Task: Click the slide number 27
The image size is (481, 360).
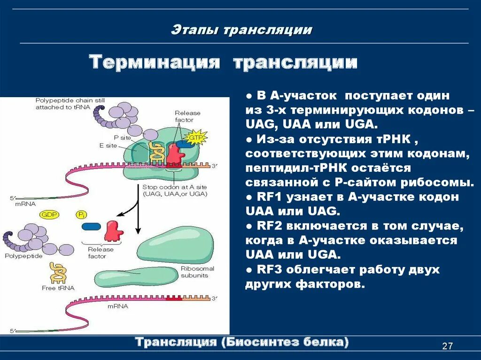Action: [x=447, y=346]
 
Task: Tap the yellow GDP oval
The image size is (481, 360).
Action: [x=48, y=214]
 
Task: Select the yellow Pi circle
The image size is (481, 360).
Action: [x=81, y=214]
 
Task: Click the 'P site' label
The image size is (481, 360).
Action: [x=122, y=137]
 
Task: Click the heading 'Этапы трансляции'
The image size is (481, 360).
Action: [x=241, y=30]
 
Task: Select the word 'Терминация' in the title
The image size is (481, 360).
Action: [x=155, y=62]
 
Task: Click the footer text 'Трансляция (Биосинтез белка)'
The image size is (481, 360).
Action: [x=242, y=342]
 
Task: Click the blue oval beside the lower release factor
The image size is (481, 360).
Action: [x=91, y=227]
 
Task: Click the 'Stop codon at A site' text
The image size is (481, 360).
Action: [x=174, y=187]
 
